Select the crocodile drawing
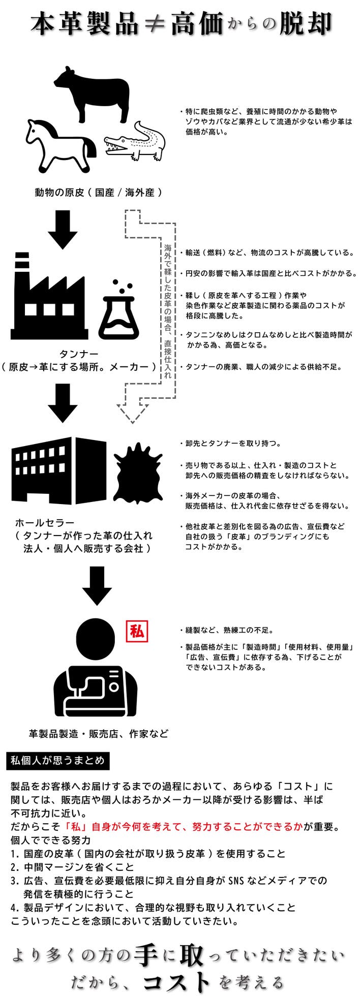pyautogui.click(x=135, y=142)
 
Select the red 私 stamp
pyautogui.click(x=137, y=632)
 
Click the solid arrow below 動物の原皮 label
pyautogui.click(x=63, y=229)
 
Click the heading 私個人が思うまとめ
pyautogui.click(x=57, y=761)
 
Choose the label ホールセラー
pyautogui.click(x=45, y=523)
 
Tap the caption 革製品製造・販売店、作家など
pyautogui.click(x=99, y=734)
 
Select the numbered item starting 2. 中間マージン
pyautogui.click(x=72, y=867)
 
